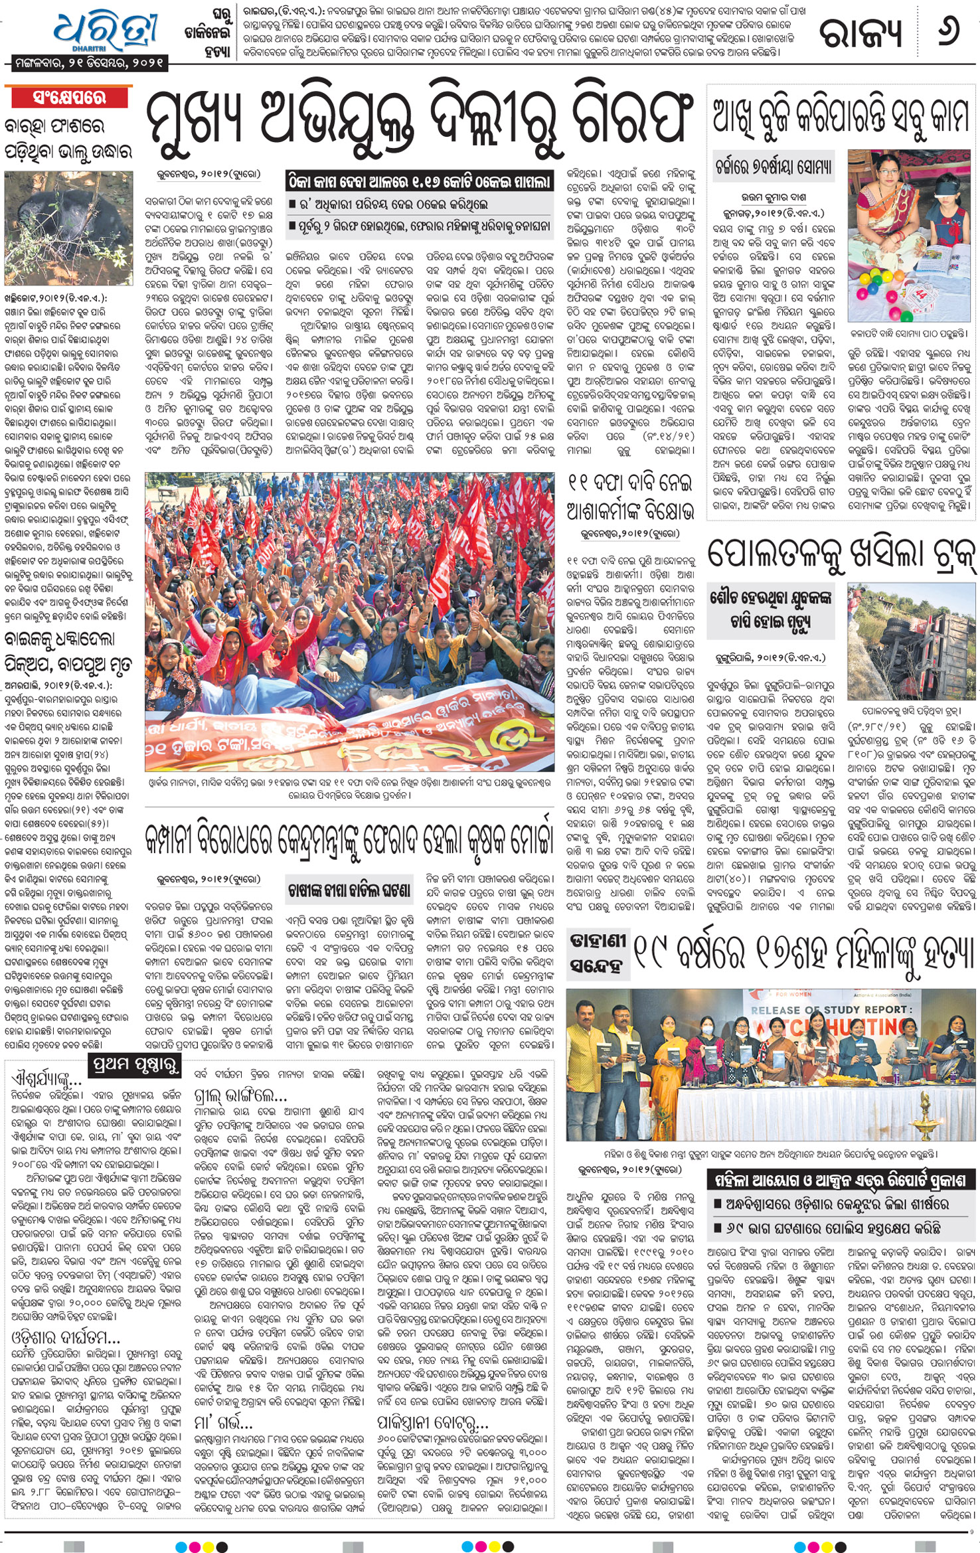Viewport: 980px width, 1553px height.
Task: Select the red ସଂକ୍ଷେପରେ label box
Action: pos(69,98)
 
